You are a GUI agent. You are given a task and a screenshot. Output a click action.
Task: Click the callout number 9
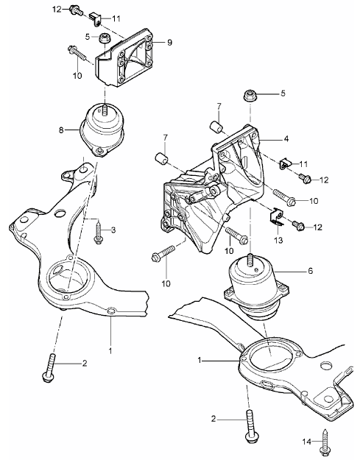point(169,43)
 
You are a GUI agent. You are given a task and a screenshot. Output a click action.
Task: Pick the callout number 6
point(310,271)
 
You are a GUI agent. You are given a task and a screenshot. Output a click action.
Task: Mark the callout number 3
point(113,230)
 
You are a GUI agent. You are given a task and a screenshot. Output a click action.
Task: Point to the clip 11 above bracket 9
point(93,15)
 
